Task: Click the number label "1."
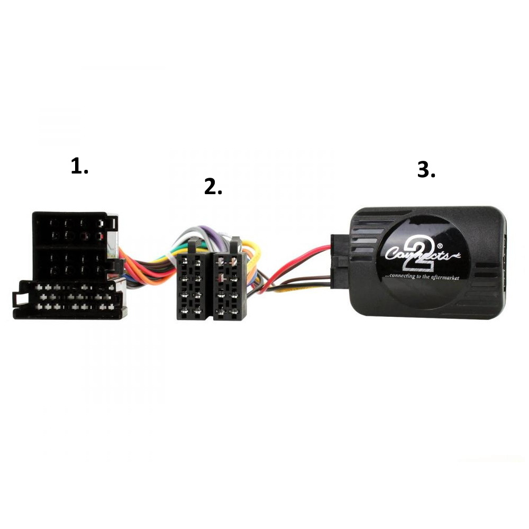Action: click(x=79, y=166)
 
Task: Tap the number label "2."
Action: click(x=213, y=187)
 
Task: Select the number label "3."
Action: click(x=426, y=169)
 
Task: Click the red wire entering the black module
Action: click(x=297, y=260)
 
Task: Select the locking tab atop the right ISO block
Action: click(x=234, y=244)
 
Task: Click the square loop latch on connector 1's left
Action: click(x=19, y=299)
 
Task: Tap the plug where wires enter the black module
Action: click(x=339, y=261)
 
